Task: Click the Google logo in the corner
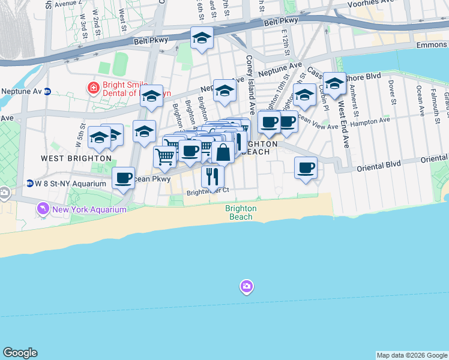20,353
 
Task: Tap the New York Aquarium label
89,209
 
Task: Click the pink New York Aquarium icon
43,209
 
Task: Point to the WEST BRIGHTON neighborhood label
69,158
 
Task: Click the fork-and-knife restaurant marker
212,176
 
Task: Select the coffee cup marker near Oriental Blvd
306,167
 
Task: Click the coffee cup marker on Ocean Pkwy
123,178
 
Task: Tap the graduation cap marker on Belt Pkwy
202,38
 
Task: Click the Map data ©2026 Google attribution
412,355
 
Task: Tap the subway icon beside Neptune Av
47,91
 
